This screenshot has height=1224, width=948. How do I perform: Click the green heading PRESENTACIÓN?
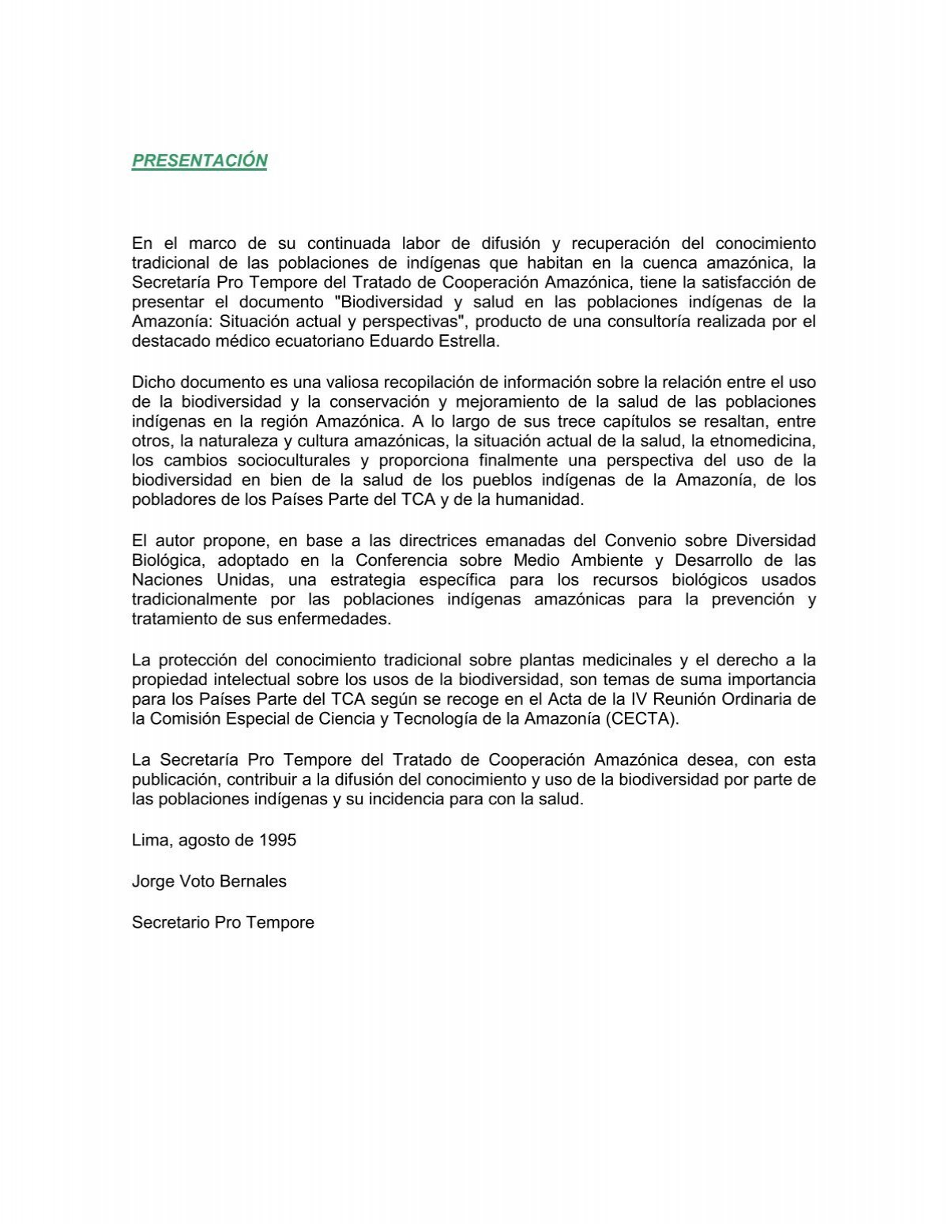199,160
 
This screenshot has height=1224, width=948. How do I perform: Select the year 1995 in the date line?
277,840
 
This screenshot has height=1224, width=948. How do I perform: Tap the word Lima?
150,840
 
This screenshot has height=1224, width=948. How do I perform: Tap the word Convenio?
638,540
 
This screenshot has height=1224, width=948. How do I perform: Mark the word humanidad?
545,499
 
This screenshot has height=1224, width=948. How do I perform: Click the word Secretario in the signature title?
170,922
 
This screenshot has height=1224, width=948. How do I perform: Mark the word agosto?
206,840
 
